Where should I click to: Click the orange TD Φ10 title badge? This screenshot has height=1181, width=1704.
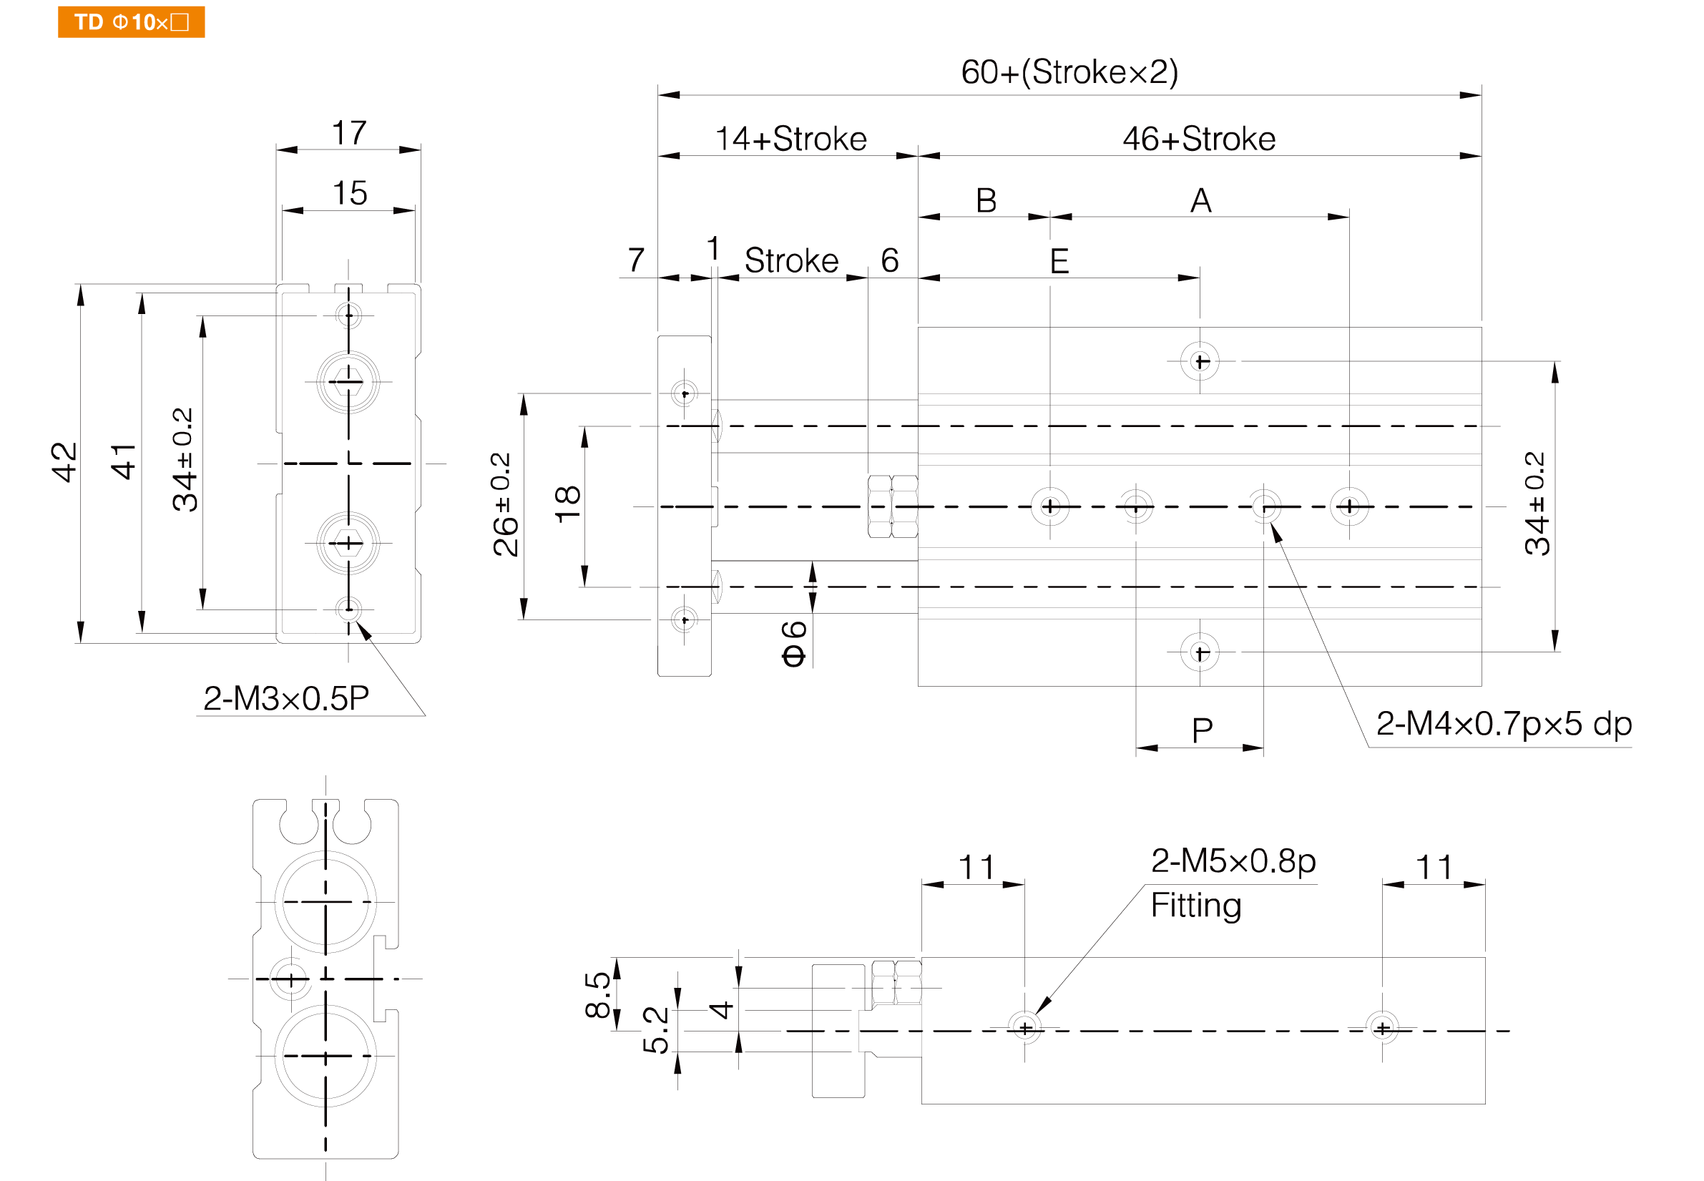[131, 22]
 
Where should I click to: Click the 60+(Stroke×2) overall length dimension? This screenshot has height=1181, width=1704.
[1069, 72]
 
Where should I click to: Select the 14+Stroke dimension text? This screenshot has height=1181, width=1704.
[791, 139]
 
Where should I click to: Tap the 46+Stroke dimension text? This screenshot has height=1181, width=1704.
[1199, 139]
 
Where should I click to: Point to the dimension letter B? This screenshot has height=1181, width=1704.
[986, 200]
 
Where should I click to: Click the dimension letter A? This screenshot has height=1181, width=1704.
[1201, 200]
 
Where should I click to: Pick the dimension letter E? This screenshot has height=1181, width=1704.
[1059, 261]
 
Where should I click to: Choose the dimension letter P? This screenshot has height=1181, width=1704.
[1202, 731]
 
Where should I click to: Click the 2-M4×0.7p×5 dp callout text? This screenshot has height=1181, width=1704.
[1504, 724]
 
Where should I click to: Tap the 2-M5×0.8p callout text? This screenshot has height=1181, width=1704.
[1233, 861]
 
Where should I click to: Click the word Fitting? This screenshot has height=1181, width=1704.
[1195, 906]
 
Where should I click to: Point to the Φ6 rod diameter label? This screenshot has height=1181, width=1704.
[793, 644]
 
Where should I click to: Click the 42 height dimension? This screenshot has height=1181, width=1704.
[64, 463]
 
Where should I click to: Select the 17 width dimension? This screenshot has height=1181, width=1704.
[349, 133]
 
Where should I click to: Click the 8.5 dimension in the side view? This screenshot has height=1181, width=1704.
[598, 995]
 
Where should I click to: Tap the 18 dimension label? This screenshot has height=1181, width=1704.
[567, 505]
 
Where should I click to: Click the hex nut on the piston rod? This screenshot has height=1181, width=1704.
[892, 506]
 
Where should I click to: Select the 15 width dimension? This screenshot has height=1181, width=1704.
[349, 193]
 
